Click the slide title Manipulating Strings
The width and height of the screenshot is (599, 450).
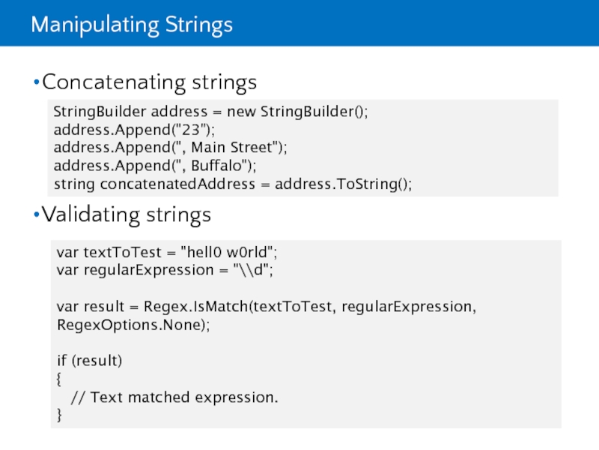click(132, 25)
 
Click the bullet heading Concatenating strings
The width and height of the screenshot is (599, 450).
click(149, 82)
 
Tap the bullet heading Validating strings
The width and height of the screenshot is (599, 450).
click(127, 216)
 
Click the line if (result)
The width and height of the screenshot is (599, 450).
click(89, 361)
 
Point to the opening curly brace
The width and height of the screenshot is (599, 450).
click(60, 379)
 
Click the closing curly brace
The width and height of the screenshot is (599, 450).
click(60, 415)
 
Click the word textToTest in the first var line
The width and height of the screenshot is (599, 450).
click(118, 252)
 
